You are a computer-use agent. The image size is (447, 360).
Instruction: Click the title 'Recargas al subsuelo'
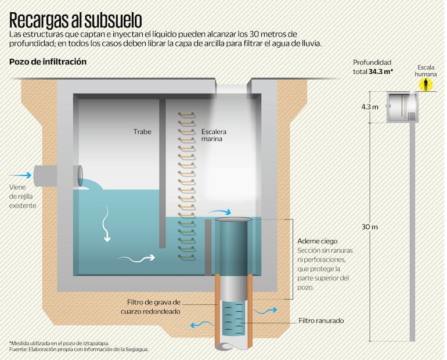coord(75,20)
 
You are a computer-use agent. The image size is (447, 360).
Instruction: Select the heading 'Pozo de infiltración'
coord(48,61)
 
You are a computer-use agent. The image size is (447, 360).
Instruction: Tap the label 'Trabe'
coord(142,132)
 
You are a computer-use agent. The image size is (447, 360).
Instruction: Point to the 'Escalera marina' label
coord(214,135)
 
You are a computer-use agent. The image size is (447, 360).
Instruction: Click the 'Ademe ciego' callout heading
coord(317,241)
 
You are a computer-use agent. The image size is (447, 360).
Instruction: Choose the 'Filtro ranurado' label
coord(321,320)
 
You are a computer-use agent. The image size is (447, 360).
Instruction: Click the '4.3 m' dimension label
coord(370,107)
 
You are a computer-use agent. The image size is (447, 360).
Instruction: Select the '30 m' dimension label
coord(370,226)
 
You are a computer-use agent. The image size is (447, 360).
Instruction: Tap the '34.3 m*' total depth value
coord(381,71)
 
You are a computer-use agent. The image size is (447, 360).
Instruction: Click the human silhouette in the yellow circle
coord(427,85)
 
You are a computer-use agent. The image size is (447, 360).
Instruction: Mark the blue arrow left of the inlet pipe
coord(22,174)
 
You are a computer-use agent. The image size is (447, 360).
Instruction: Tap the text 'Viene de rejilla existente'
coord(23,196)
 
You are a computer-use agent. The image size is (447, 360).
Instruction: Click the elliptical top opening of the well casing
coord(233,220)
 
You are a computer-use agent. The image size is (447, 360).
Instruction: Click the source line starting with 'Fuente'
coord(79,350)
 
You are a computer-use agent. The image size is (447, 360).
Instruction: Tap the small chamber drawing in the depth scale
coord(402,107)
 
